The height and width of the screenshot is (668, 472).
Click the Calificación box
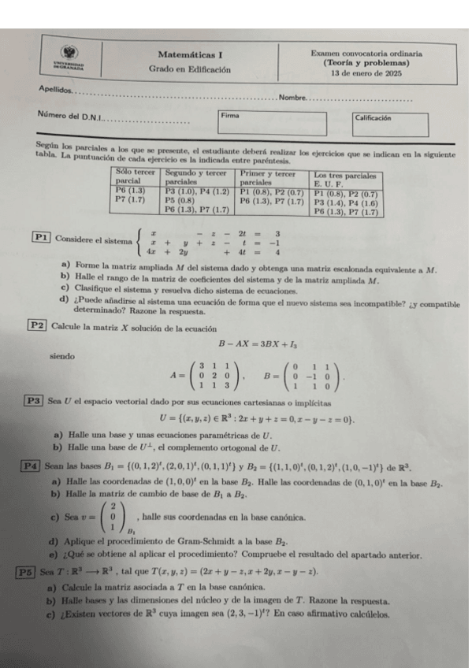(x=391, y=124)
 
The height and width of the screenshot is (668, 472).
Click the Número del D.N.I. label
(x=69, y=117)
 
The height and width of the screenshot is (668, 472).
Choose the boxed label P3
(x=34, y=399)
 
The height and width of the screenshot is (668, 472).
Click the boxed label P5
(x=26, y=571)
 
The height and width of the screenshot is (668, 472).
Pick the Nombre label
(x=292, y=98)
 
